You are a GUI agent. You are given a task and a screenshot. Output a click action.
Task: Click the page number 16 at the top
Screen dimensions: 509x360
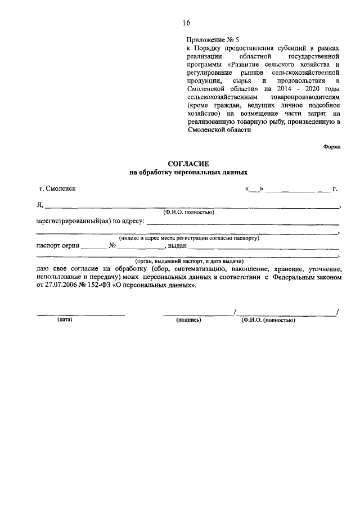point(186,23)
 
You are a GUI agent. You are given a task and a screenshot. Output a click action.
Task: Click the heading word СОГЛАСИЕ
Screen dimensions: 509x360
point(188,163)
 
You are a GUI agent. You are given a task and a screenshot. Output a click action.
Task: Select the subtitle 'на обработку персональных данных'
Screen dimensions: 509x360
point(188,173)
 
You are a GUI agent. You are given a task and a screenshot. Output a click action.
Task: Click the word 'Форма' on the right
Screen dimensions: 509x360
point(332,147)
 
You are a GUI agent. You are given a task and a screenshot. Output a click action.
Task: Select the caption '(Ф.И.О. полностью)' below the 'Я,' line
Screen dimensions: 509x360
point(188,213)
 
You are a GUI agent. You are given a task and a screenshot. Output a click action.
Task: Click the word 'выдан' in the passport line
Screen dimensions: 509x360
point(177,246)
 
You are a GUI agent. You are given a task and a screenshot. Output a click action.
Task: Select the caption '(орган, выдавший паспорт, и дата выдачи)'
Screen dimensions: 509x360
point(188,262)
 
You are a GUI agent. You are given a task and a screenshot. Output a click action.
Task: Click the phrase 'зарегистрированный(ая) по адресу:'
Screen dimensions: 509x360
point(90,221)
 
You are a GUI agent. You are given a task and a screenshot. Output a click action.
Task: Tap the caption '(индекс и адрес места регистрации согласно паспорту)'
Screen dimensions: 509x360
point(188,238)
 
